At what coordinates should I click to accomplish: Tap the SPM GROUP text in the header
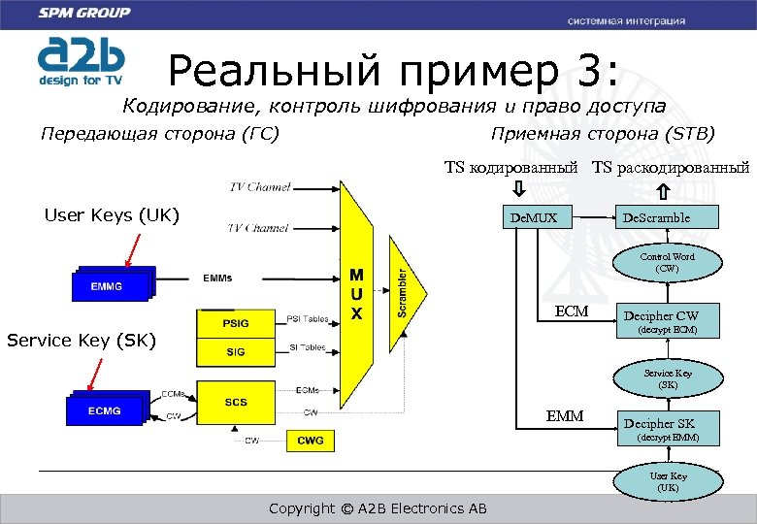[x=84, y=14]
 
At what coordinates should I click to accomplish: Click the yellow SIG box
[x=235, y=352]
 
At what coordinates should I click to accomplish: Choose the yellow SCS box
[x=235, y=401]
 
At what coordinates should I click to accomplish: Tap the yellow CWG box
[x=311, y=441]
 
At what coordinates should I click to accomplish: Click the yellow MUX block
[x=357, y=291]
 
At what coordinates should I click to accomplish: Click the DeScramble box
[x=656, y=217]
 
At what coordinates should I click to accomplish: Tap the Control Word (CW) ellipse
[x=667, y=262]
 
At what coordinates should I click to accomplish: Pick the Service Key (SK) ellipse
[x=667, y=378]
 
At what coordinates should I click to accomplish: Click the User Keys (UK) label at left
[x=112, y=214]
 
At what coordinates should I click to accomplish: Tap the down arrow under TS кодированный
[x=519, y=187]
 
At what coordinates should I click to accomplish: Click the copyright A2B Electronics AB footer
[x=378, y=508]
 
